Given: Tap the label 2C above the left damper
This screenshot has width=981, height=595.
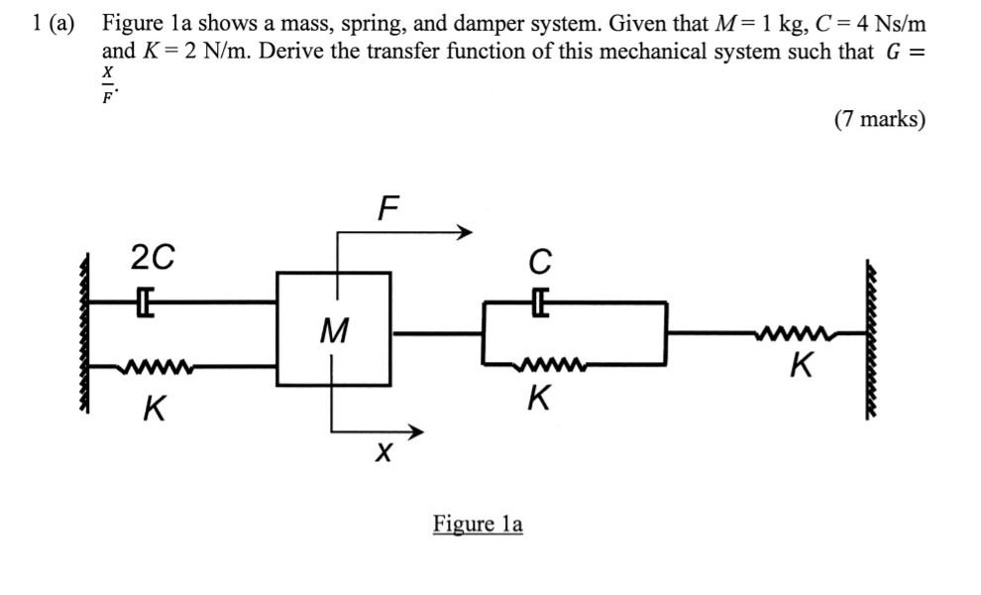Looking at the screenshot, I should click(x=153, y=258).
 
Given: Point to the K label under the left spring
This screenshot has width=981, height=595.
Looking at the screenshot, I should click(x=154, y=408).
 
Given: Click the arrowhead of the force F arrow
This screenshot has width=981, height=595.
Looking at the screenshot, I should click(x=463, y=233).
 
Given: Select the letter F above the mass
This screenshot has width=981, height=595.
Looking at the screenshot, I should click(x=388, y=208).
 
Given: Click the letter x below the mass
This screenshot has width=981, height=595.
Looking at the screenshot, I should click(x=384, y=454).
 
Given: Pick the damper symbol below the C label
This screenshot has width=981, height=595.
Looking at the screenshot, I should click(x=539, y=300).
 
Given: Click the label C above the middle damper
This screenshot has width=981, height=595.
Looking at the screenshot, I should click(x=540, y=262).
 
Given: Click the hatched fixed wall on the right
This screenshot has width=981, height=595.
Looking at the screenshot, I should click(x=872, y=337).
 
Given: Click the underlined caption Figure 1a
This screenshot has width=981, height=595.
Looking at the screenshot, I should click(x=477, y=524).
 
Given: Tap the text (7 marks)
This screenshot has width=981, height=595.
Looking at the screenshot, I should click(x=879, y=120).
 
